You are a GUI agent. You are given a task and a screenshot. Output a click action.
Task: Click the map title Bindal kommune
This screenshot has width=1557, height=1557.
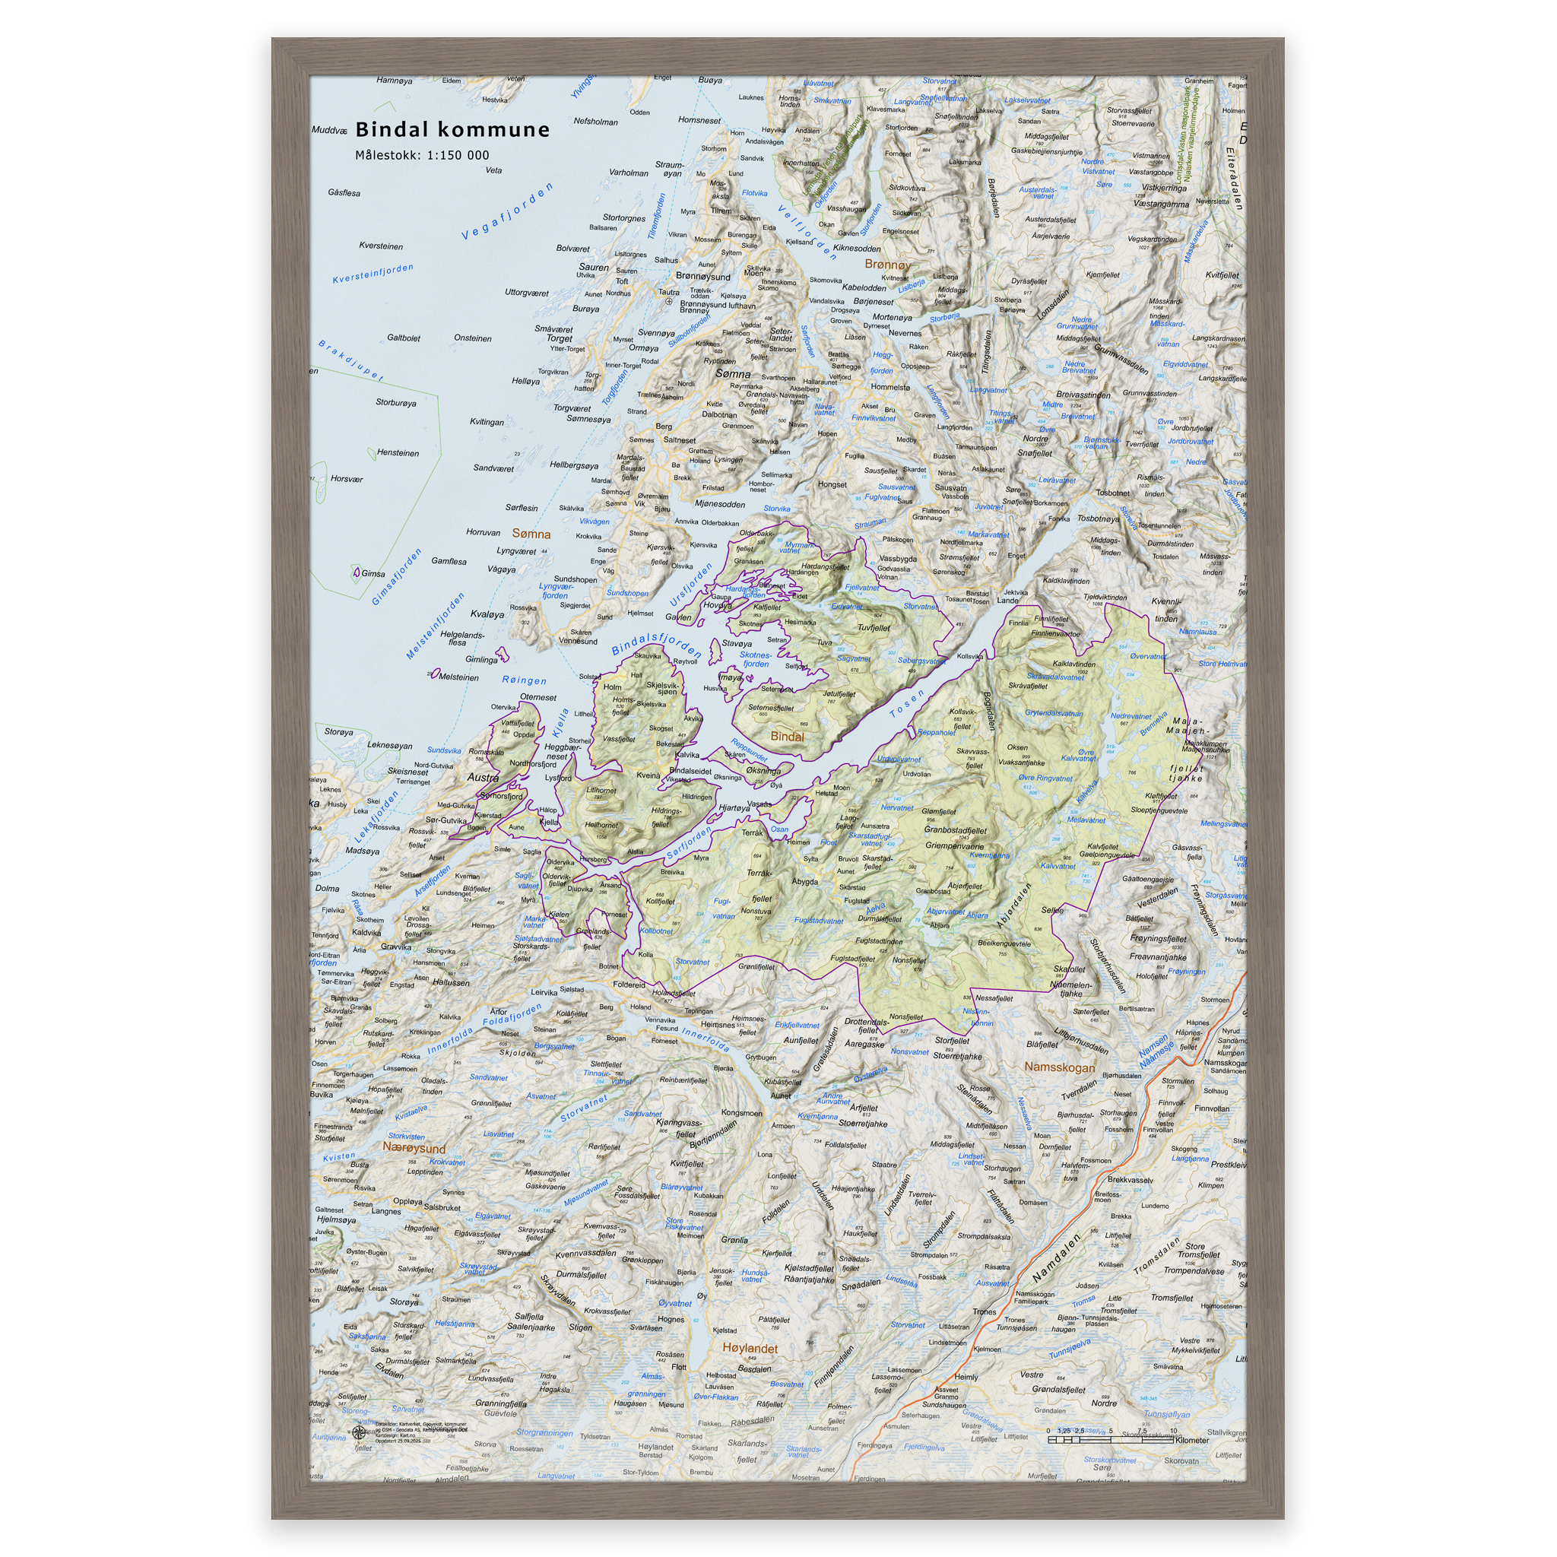pos(452,129)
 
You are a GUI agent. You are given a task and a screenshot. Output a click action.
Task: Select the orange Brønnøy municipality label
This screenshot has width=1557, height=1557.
pos(887,264)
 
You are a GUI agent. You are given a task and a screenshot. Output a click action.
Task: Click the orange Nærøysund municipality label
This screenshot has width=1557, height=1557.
pos(414,1146)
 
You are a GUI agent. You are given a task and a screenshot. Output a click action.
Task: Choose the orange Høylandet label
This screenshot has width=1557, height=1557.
pos(750,1347)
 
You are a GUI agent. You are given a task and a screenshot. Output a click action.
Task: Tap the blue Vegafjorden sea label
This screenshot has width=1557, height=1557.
pos(507,211)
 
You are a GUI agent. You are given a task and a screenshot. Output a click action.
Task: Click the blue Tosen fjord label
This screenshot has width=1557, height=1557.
pos(907,703)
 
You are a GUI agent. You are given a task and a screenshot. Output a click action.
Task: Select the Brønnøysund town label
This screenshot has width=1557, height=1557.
pos(702,276)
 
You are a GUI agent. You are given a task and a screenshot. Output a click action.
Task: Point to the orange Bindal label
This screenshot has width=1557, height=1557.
pos(787,736)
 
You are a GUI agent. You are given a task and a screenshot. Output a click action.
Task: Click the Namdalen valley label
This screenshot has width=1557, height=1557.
pos(1055,1259)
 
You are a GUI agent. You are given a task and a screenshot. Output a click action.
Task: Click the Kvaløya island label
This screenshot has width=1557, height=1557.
pos(487,614)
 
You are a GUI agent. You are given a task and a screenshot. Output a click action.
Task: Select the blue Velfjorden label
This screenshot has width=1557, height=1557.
pos(807,232)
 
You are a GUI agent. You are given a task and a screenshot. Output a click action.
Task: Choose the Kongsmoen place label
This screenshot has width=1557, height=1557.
pos(741,1112)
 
